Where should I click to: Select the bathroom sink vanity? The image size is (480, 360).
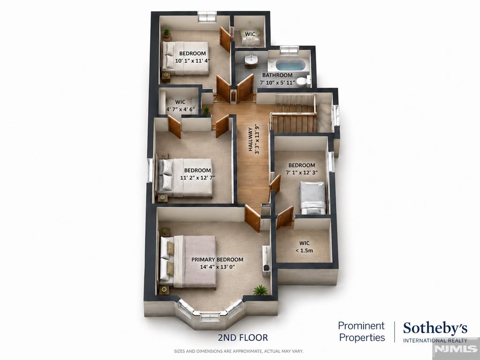(251, 61)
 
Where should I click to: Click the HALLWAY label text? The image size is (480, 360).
(251, 139)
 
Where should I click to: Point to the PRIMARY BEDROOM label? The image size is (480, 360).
(217, 260)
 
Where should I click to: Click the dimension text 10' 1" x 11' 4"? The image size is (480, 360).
(193, 60)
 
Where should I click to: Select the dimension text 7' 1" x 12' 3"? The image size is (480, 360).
(302, 172)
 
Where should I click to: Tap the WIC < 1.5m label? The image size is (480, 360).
(304, 247)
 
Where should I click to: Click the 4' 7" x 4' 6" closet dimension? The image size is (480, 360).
(181, 109)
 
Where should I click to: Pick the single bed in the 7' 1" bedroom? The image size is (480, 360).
(313, 198)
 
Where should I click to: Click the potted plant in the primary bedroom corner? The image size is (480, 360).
(260, 290)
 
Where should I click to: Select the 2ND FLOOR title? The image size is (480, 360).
(243, 337)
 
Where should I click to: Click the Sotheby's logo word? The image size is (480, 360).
(435, 329)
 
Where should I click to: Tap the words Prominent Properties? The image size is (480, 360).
(361, 331)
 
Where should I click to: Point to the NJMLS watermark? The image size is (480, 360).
(456, 349)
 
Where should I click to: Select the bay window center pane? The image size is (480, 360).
(210, 316)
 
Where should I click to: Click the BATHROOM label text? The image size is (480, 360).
(277, 75)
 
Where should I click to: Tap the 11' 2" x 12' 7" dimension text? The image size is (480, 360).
(198, 178)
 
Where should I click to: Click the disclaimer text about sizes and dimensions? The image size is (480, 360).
(239, 351)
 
